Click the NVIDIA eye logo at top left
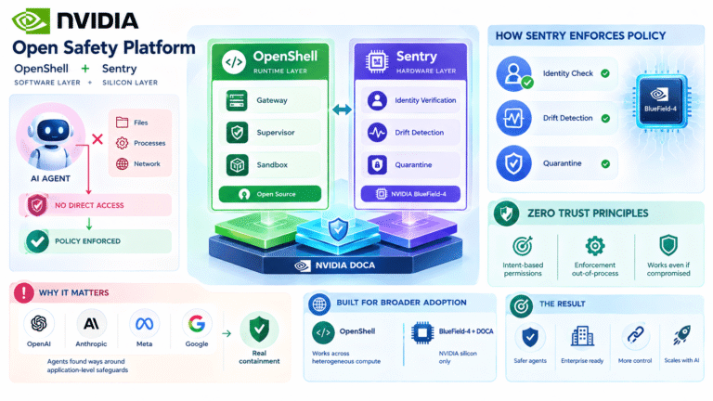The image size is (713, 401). (31, 21)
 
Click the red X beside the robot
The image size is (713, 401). (97, 139)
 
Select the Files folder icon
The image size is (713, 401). (122, 123)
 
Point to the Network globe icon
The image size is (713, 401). (122, 163)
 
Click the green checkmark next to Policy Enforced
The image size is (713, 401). (37, 241)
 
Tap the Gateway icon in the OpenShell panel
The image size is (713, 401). (237, 100)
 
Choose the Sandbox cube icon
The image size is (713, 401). (237, 164)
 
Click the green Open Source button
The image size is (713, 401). (270, 194)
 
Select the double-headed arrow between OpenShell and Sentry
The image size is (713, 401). (342, 110)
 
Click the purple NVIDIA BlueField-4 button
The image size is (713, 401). (410, 194)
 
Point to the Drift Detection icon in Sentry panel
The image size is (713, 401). (377, 133)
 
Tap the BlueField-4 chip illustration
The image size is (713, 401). (660, 101)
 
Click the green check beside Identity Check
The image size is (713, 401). (605, 73)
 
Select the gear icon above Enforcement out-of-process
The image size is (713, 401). (595, 246)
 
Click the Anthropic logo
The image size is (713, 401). (91, 324)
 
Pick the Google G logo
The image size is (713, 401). (197, 324)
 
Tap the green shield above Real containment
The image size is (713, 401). (259, 330)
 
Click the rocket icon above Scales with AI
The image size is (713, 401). (682, 335)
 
